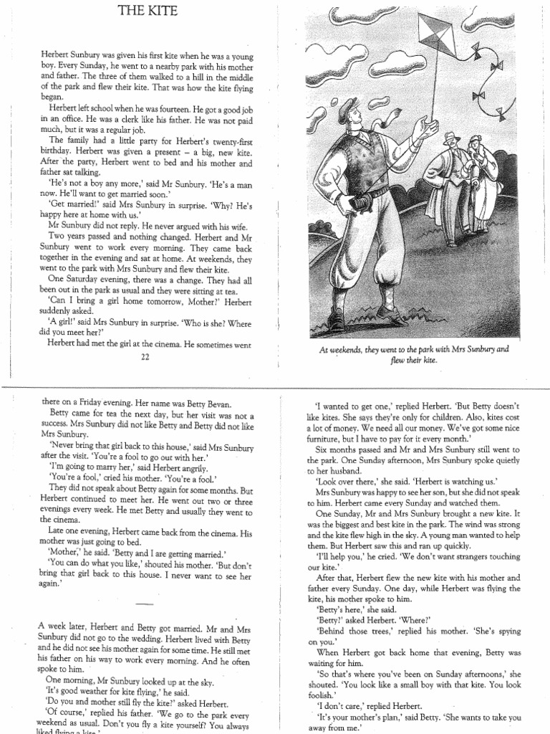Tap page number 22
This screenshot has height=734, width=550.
point(145,358)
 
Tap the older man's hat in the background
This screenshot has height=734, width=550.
point(450,137)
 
